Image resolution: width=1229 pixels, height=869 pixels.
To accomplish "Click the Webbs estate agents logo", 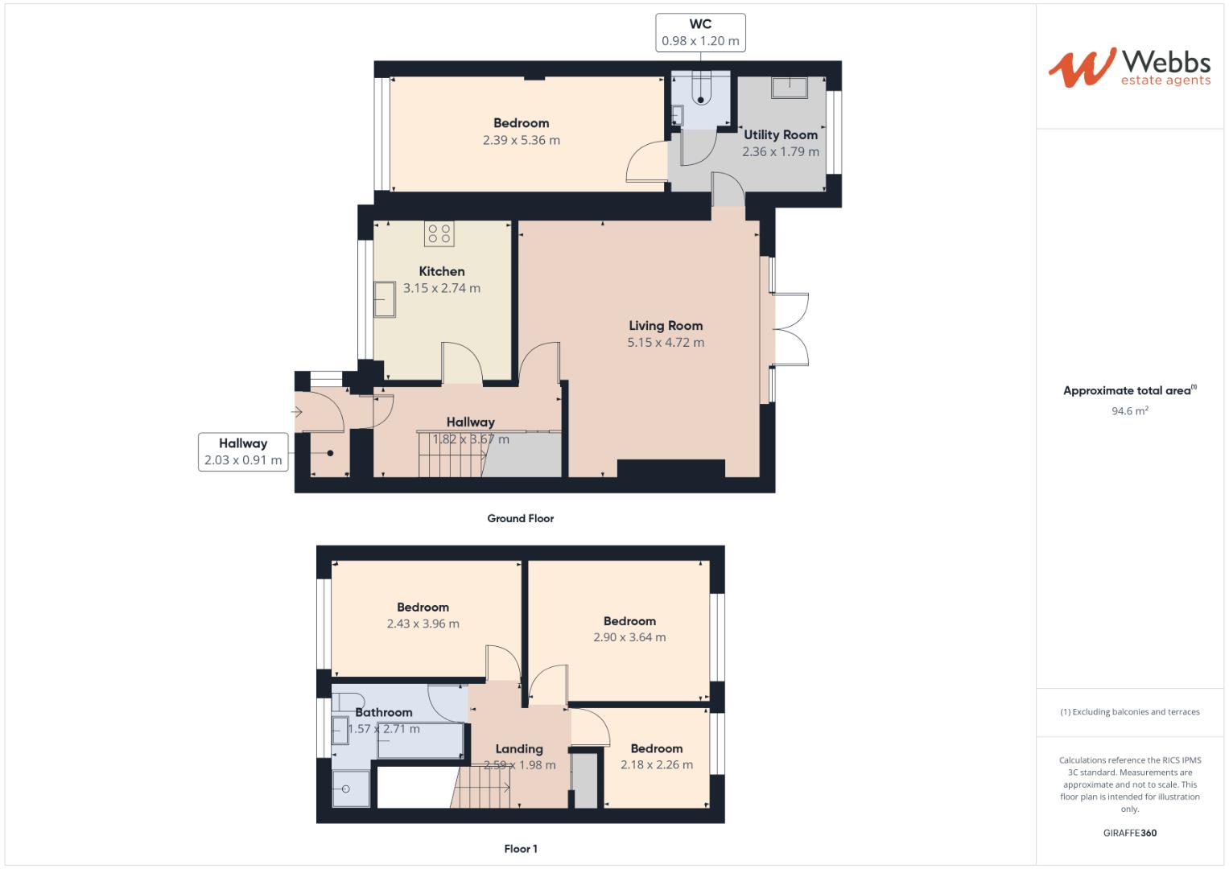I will (x=1128, y=68).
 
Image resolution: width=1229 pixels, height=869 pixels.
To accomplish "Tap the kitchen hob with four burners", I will (x=439, y=234).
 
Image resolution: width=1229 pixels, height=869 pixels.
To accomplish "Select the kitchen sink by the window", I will (x=384, y=299).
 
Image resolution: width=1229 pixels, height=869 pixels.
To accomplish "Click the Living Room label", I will (x=666, y=326).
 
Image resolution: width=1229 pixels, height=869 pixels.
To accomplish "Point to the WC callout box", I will (x=700, y=33).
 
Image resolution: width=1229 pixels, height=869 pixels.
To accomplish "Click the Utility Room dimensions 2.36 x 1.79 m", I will (x=780, y=151).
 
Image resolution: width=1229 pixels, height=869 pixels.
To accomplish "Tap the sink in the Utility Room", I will (x=789, y=87).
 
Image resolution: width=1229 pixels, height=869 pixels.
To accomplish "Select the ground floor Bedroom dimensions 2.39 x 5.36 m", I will (x=521, y=140).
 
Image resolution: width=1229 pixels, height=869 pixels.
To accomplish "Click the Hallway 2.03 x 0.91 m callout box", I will (x=242, y=451).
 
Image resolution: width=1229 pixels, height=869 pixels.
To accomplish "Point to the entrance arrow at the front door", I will (x=297, y=413).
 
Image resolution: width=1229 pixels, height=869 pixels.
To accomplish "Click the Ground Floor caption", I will (x=520, y=519).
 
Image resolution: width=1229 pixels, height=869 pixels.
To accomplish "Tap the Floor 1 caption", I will (x=520, y=849).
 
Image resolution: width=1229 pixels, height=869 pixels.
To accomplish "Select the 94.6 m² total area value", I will (x=1129, y=411).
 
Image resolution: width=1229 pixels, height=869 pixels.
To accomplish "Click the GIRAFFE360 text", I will (x=1129, y=833).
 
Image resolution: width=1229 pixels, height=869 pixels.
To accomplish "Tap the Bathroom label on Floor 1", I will (x=384, y=712).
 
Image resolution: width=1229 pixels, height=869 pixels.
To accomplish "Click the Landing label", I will (x=519, y=749).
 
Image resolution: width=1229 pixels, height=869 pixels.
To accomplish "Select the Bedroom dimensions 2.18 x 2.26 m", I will (x=656, y=765).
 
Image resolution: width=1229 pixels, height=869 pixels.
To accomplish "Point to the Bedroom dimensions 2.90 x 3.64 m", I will (x=629, y=637).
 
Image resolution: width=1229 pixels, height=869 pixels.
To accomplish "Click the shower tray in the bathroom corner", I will (x=352, y=789).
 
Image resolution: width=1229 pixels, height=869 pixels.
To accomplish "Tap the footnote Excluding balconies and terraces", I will (x=1129, y=712).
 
